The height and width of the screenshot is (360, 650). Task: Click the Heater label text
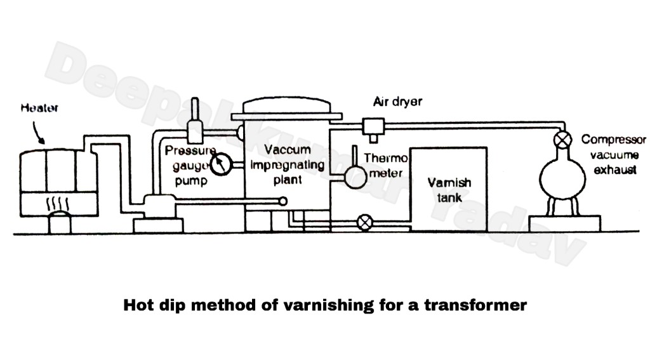[39, 108]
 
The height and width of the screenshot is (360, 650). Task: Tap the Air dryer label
[397, 102]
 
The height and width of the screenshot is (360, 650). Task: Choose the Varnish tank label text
[448, 190]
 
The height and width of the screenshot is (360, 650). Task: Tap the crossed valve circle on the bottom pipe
[364, 222]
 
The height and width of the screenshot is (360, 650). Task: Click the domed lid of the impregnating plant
[287, 106]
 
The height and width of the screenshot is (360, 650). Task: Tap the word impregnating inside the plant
[288, 165]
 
